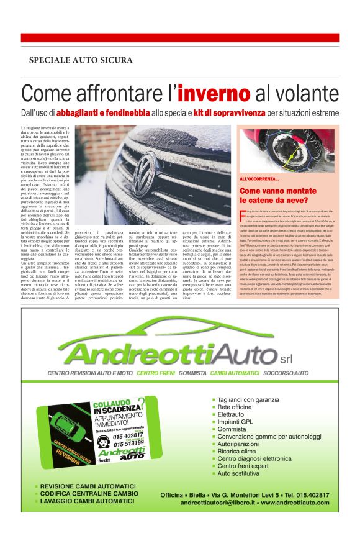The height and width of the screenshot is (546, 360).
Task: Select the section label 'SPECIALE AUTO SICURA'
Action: (x=81, y=60)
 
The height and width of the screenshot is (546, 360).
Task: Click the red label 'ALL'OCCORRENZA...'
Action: (x=259, y=180)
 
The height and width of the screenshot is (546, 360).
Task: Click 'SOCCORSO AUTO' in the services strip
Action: (x=286, y=373)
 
